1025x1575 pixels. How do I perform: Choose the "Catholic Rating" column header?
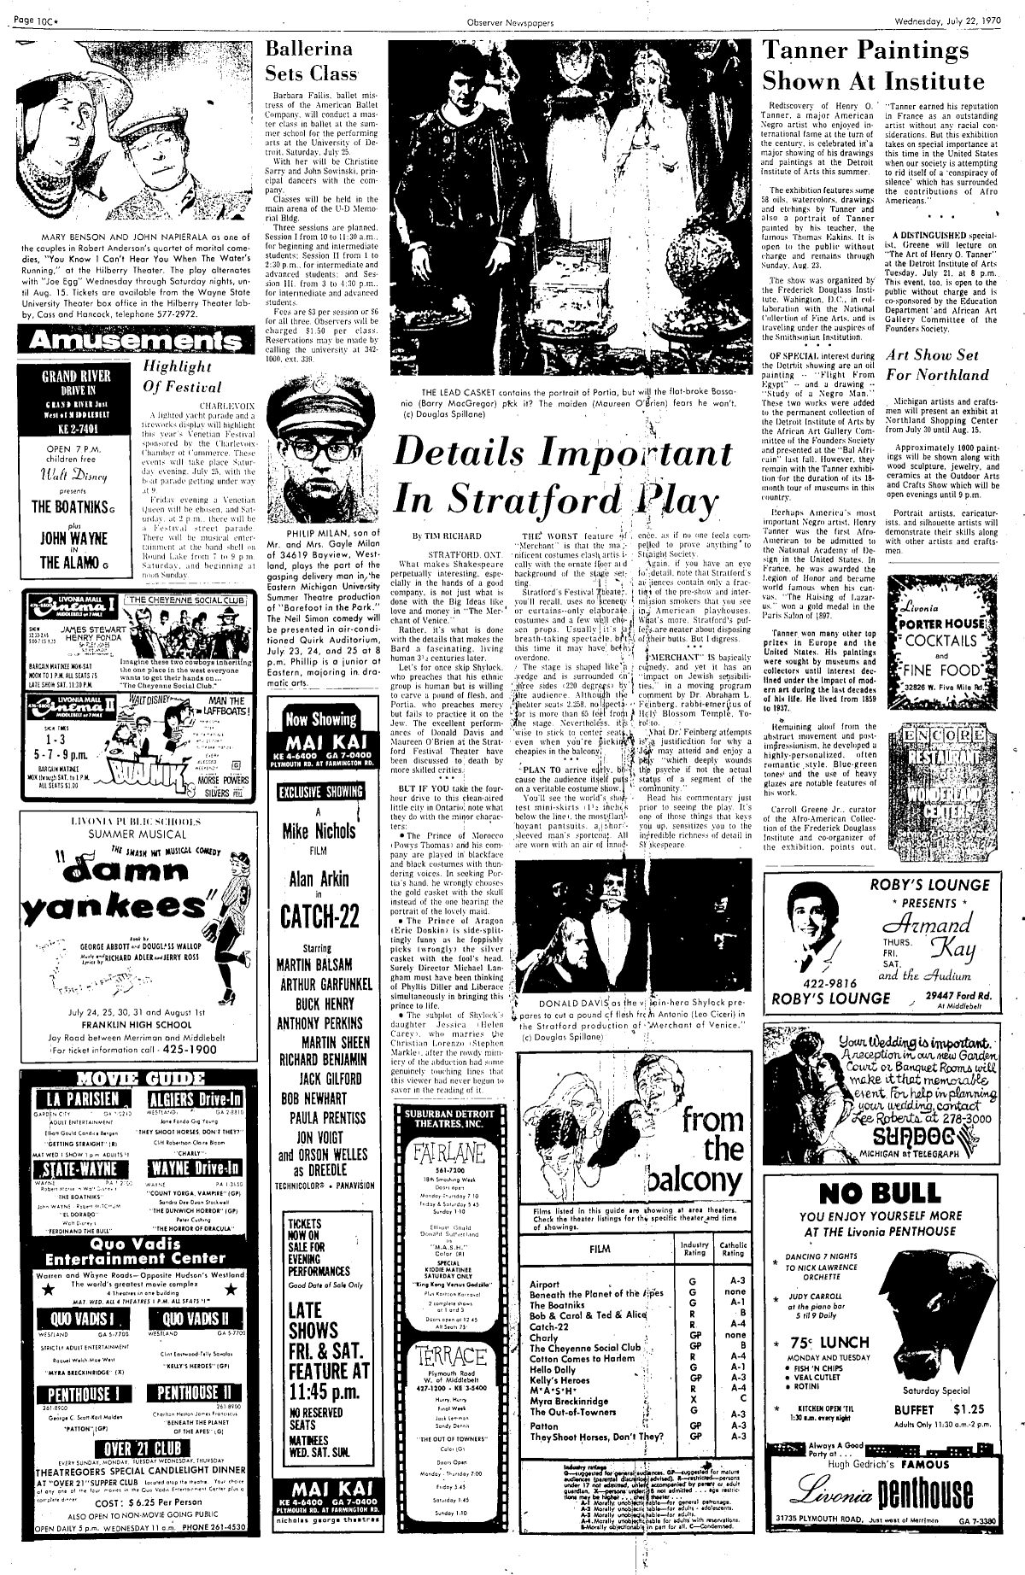pyautogui.click(x=735, y=1250)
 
